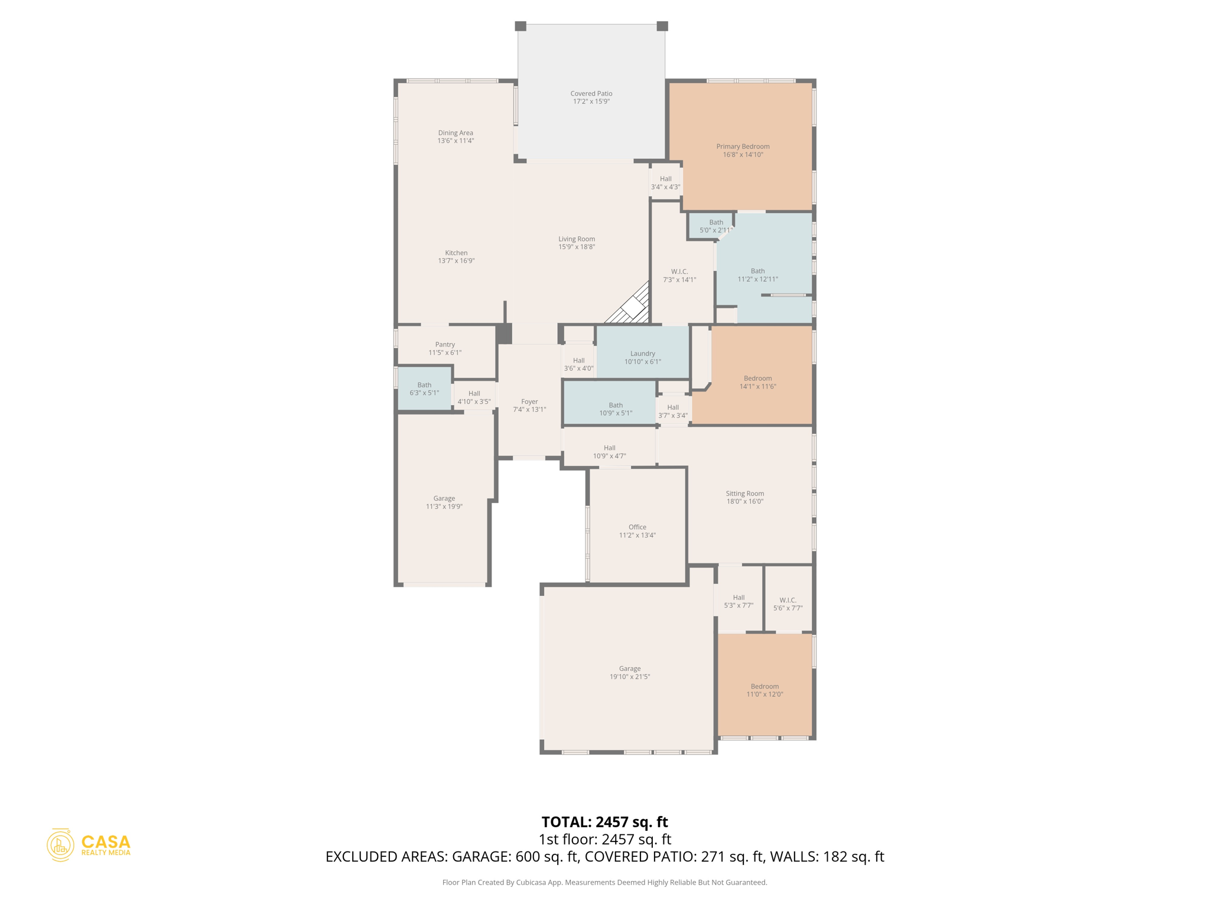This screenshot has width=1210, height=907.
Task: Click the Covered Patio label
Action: [x=591, y=93]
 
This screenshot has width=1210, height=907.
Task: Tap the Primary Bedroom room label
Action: [x=743, y=146]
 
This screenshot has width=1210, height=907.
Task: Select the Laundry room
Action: [x=642, y=357]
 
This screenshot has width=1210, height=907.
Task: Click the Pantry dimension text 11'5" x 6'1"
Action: [x=445, y=353]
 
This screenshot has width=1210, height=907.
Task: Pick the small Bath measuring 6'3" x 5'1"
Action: [x=424, y=389]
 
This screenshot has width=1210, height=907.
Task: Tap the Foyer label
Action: [x=529, y=402]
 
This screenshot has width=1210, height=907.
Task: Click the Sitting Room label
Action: [x=744, y=494]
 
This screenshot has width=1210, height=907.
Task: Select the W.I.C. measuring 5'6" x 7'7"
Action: [x=788, y=603]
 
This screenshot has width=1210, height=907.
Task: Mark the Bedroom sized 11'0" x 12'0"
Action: [x=765, y=690]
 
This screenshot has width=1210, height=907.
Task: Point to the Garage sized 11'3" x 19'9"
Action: [x=444, y=502]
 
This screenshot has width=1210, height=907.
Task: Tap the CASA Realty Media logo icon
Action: [x=60, y=845]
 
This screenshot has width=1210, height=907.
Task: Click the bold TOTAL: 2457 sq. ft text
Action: [x=604, y=821]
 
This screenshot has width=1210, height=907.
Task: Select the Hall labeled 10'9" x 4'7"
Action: [x=609, y=452]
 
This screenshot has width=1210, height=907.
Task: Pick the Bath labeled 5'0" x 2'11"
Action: [x=715, y=226]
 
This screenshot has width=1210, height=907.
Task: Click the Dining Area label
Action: [x=456, y=133]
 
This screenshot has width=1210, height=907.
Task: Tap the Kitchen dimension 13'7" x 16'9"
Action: [x=456, y=260]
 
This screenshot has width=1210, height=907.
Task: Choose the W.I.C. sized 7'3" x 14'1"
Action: [x=679, y=276]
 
